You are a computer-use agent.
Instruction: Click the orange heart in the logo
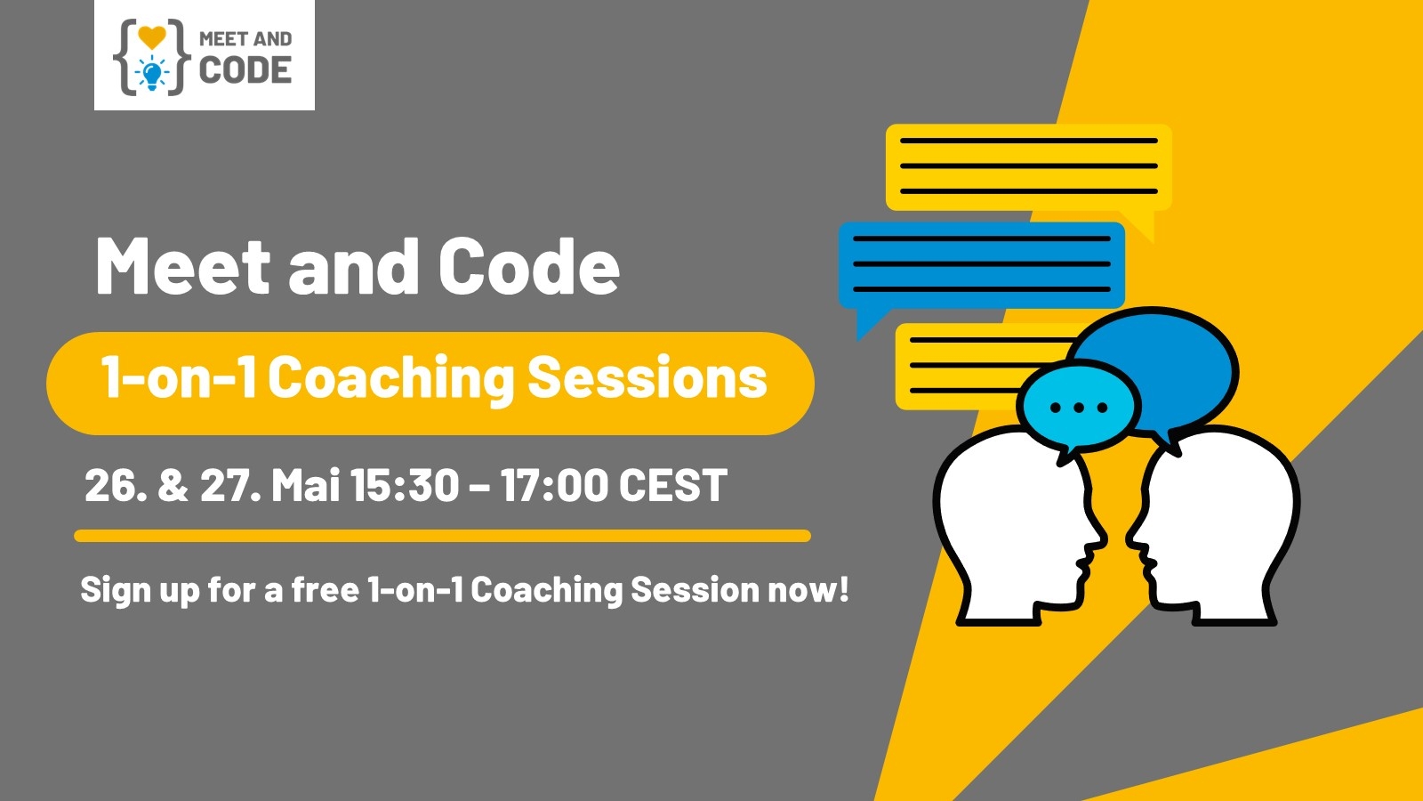[152, 37]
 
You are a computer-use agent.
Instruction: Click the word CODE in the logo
[245, 70]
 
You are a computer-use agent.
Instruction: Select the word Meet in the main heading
[183, 266]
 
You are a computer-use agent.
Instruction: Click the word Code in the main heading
[529, 266]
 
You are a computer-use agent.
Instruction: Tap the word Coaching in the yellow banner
[390, 379]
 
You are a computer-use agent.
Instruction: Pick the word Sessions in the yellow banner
[647, 377]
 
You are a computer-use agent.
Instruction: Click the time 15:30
[404, 485]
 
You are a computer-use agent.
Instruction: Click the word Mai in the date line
[306, 485]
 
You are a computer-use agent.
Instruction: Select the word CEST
[672, 485]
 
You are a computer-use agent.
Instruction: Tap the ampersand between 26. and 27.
[173, 485]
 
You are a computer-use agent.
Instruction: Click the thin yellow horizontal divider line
[442, 536]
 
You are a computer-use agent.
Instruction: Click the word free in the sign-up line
[326, 589]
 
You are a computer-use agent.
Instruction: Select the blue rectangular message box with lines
[982, 266]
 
